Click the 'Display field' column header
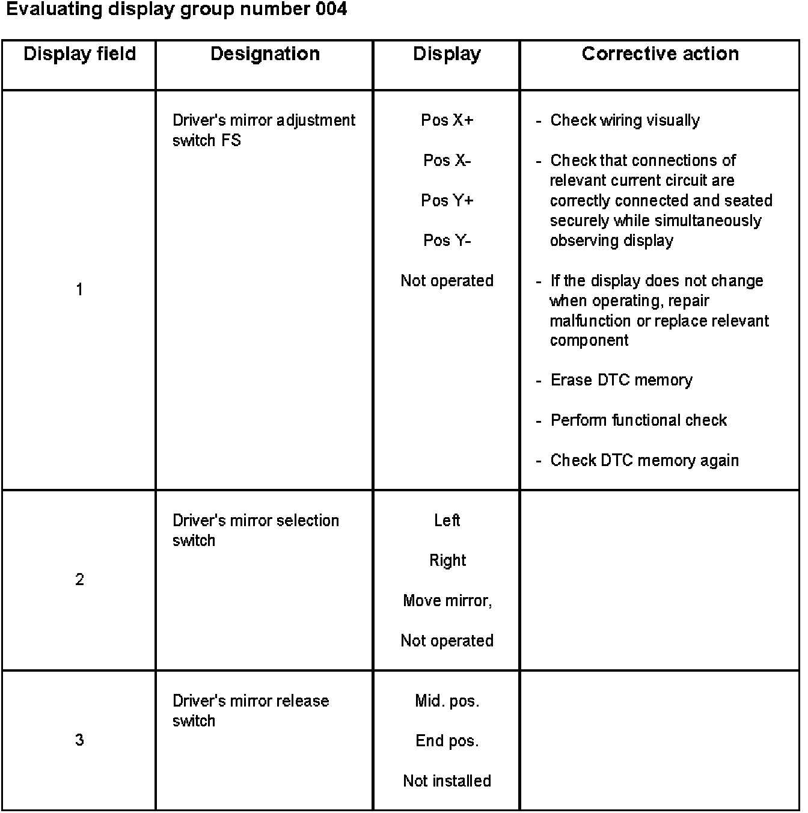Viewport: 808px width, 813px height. point(79,54)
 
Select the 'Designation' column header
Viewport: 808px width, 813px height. point(265,54)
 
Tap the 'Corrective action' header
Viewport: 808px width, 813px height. point(660,54)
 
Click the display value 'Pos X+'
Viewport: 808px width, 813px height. point(447,120)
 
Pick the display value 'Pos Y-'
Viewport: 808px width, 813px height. point(447,241)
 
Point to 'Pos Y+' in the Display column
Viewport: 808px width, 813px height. point(447,200)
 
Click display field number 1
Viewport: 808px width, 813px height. point(79,290)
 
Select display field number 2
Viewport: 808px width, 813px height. point(79,580)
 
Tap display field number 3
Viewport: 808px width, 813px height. point(79,740)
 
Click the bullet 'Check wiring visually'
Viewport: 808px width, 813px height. point(625,120)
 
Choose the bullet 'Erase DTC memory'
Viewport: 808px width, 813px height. point(621,380)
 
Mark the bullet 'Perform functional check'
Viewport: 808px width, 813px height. point(638,420)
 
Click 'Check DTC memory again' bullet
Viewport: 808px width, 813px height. point(644,461)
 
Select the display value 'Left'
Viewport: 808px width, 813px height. point(447,520)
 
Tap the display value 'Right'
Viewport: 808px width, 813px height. point(447,560)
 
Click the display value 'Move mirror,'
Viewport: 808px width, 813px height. point(447,601)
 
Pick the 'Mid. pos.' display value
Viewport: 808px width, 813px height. point(447,701)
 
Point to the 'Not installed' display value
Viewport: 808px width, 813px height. point(447,781)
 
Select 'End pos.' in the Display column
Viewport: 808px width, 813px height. point(447,741)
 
